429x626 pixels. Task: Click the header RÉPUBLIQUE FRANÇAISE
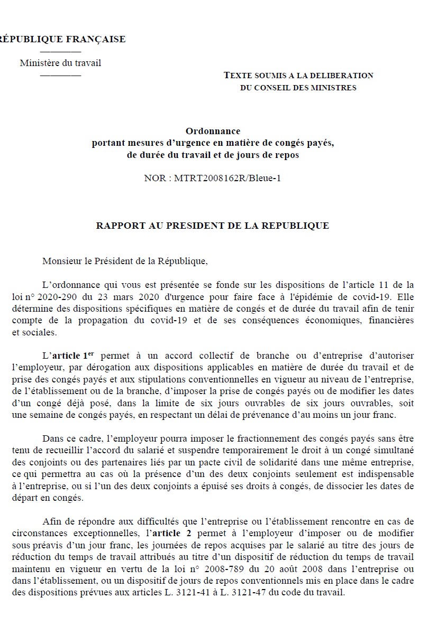62,39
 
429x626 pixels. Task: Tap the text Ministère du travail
60,63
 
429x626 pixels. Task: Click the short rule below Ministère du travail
60,75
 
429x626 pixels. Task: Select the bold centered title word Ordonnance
213,131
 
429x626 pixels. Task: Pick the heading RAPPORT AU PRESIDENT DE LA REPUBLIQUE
212,226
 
